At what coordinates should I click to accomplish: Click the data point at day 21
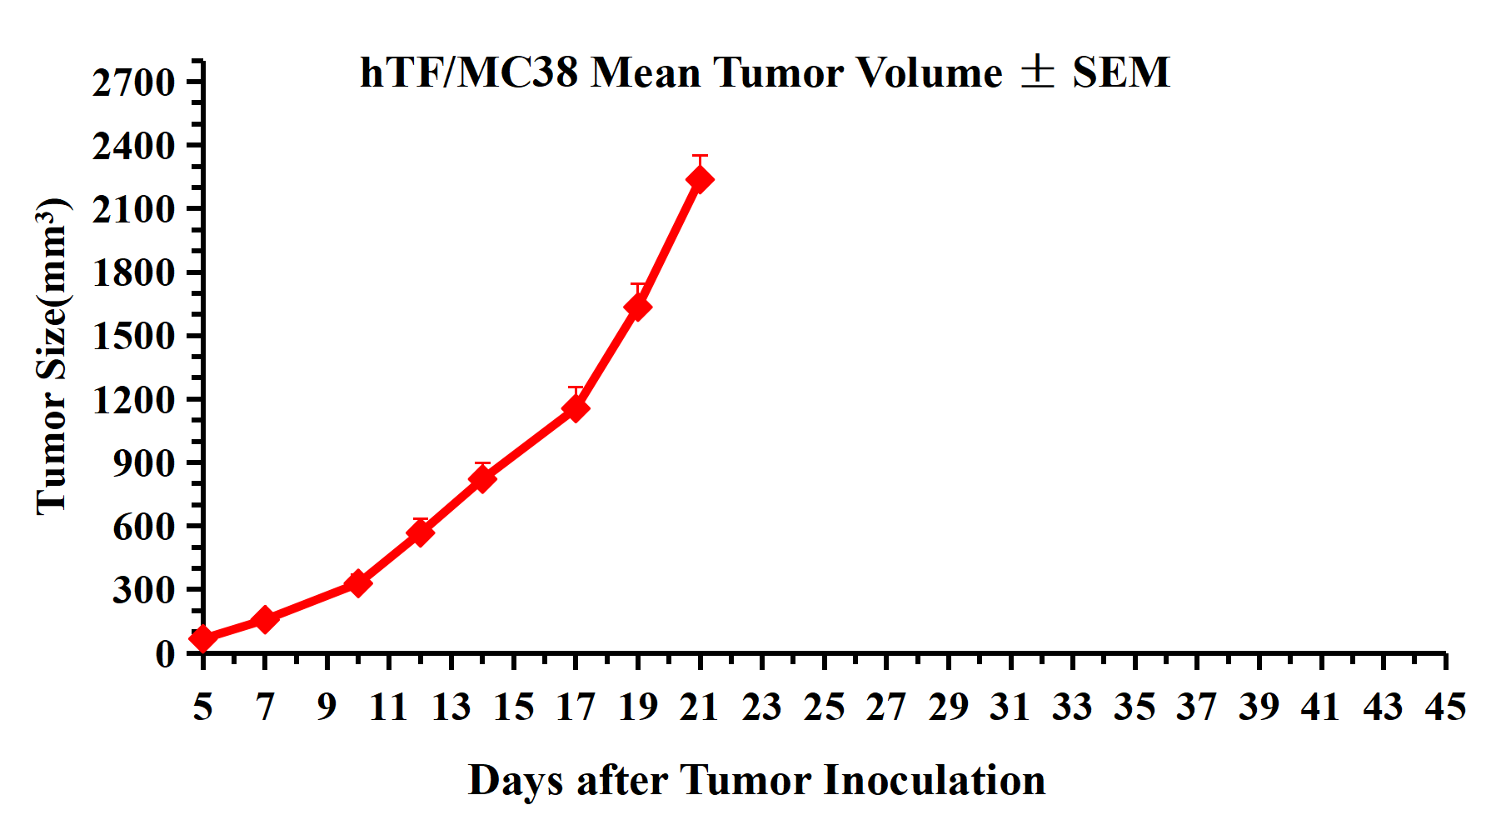click(700, 179)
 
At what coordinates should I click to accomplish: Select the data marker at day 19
click(638, 307)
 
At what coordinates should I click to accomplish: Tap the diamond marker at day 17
click(576, 408)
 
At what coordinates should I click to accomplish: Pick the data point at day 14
click(482, 478)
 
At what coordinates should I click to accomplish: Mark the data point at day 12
click(421, 532)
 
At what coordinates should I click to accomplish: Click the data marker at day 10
click(358, 582)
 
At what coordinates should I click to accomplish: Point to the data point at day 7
click(265, 619)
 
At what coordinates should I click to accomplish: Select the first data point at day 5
click(203, 638)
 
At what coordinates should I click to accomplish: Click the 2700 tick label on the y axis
click(133, 82)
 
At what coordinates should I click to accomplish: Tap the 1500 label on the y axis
click(133, 336)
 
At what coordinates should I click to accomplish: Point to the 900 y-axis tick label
click(144, 462)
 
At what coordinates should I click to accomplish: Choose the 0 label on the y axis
click(165, 653)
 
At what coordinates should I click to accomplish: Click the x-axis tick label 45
click(1445, 707)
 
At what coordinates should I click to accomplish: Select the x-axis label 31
click(1010, 707)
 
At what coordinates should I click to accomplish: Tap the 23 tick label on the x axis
click(762, 707)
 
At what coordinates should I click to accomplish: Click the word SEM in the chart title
click(1121, 72)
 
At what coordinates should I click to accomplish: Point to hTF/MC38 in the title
click(469, 72)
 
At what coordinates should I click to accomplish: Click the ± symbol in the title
click(1038, 72)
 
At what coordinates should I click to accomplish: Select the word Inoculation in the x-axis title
click(935, 781)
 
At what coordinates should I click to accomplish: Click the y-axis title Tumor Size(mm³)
click(52, 357)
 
